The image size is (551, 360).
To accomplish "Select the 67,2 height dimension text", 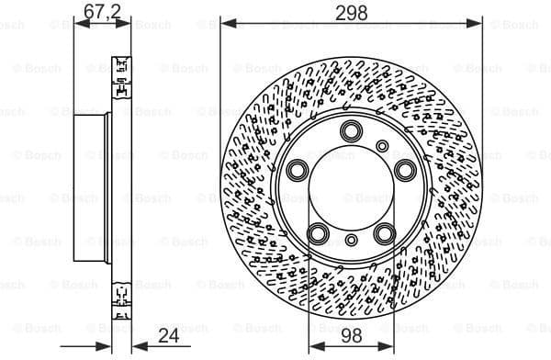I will tap(102, 11).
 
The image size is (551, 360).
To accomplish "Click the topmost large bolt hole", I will tap(351, 130).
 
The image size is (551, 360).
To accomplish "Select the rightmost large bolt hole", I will tap(405, 169).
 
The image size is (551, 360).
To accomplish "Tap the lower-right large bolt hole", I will tap(385, 233).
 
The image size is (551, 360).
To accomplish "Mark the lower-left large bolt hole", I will tap(318, 233).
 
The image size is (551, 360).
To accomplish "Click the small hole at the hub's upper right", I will tap(382, 145).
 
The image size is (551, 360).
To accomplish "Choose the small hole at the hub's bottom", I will tap(351, 241).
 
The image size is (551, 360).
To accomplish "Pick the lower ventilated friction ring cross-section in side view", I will tap(120, 294).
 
